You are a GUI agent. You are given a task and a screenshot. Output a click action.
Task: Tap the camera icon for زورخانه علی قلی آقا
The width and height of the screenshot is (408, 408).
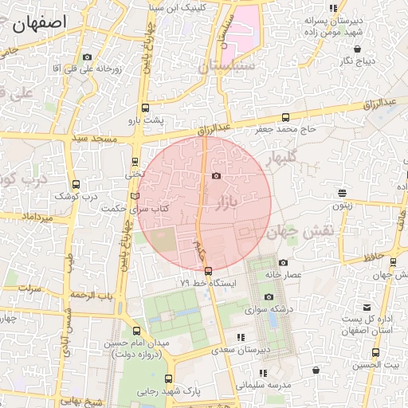87,57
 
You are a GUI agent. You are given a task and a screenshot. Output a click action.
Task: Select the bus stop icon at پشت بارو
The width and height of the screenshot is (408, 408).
145,107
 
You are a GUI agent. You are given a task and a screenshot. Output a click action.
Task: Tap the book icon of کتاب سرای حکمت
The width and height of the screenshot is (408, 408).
134,197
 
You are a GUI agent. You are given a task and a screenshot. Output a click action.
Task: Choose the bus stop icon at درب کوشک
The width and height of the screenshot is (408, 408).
76,184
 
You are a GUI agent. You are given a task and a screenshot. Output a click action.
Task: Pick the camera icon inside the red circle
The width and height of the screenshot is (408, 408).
216,176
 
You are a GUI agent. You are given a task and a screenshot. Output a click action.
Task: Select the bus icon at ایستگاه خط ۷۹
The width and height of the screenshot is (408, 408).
209,271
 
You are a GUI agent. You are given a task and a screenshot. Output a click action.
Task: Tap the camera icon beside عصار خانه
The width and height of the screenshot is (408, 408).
283,262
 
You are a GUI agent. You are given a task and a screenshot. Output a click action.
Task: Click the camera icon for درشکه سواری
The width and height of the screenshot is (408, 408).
269,296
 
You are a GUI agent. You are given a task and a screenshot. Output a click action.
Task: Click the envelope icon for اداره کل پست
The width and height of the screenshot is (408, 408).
367,308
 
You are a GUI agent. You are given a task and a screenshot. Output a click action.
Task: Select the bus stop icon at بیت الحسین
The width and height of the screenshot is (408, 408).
376,352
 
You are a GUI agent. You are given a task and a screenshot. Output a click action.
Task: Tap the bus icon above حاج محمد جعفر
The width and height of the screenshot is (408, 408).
285,117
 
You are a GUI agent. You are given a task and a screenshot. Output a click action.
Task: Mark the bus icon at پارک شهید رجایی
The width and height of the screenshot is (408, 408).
168,379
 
